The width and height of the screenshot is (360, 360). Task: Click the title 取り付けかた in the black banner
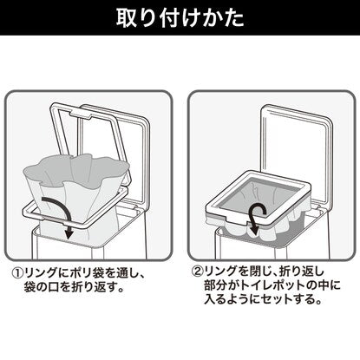[180, 18]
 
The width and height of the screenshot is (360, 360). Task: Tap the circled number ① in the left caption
[17, 272]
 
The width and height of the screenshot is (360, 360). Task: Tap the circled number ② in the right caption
[198, 272]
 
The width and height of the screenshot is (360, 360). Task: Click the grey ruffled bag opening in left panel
[75, 170]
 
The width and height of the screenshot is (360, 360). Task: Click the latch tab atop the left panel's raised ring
[81, 114]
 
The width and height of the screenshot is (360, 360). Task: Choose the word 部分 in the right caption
[215, 285]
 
